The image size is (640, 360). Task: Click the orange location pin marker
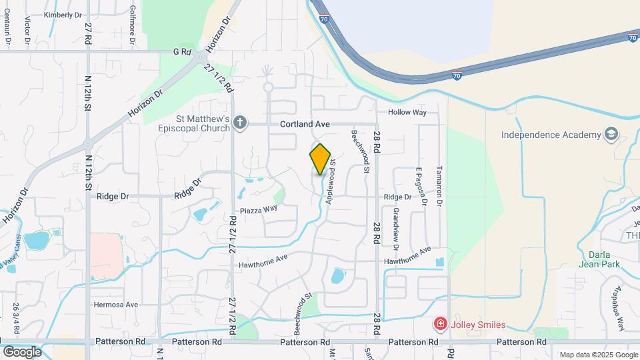(321, 159)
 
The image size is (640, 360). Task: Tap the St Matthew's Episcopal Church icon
(241, 123)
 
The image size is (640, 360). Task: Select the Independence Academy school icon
(610, 135)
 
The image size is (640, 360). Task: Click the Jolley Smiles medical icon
(440, 325)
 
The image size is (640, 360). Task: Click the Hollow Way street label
(407, 113)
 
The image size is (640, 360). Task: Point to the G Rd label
(182, 51)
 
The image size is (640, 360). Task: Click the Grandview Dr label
(396, 229)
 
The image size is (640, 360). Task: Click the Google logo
(22, 351)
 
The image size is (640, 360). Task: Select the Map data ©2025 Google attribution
(598, 355)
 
